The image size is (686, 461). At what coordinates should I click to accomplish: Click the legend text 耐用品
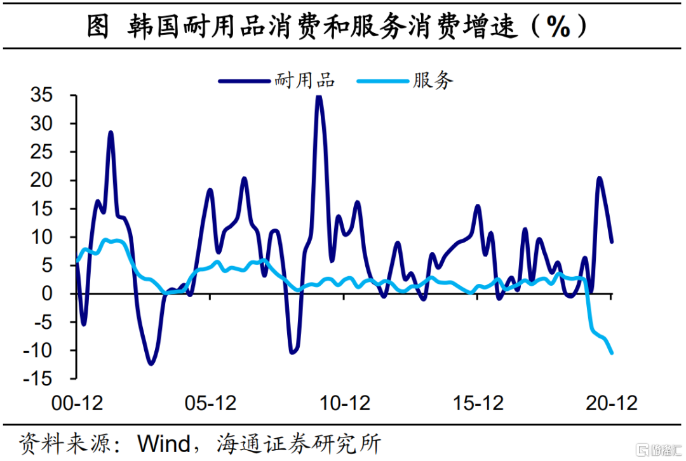[x=304, y=81]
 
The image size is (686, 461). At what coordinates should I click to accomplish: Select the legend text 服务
[x=433, y=81]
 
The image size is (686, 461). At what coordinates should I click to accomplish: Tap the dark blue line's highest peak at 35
[x=319, y=97]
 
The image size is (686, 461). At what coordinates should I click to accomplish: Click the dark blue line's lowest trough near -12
[x=151, y=364]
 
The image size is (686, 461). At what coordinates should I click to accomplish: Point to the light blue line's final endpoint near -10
[x=612, y=353]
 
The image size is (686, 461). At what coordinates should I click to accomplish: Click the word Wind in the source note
[x=165, y=443]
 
